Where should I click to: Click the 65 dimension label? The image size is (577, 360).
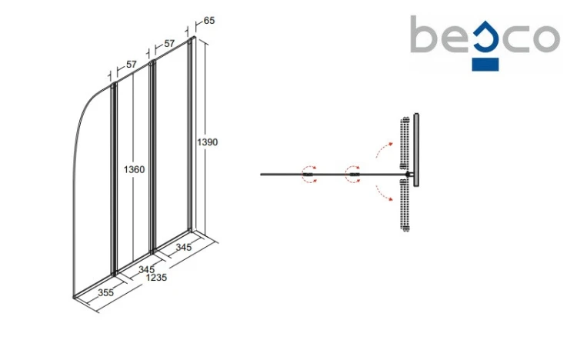[x=209, y=21]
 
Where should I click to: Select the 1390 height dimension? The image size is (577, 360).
[x=208, y=142]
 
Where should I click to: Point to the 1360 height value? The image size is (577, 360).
[x=135, y=169]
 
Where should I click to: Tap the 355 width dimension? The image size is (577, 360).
[x=105, y=292]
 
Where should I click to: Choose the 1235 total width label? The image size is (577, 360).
[x=156, y=277]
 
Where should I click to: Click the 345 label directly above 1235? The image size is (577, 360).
[x=146, y=269]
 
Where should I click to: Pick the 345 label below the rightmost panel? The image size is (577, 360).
[x=183, y=247]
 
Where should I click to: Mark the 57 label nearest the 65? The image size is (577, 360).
[x=169, y=43]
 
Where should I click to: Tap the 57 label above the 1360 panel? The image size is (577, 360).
[x=132, y=65]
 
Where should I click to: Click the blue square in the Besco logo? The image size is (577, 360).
[x=485, y=65]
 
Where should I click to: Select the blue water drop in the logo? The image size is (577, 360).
[x=485, y=36]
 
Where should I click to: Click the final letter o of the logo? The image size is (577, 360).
[x=546, y=38]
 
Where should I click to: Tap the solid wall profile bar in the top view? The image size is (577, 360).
[x=415, y=150]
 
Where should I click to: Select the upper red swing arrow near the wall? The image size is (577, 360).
[x=384, y=149]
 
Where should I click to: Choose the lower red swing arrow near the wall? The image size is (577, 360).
[x=384, y=194]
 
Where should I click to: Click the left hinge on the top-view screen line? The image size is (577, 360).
[x=309, y=174]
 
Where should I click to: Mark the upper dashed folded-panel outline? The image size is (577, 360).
[x=405, y=143]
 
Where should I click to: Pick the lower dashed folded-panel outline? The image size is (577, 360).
[x=405, y=205]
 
